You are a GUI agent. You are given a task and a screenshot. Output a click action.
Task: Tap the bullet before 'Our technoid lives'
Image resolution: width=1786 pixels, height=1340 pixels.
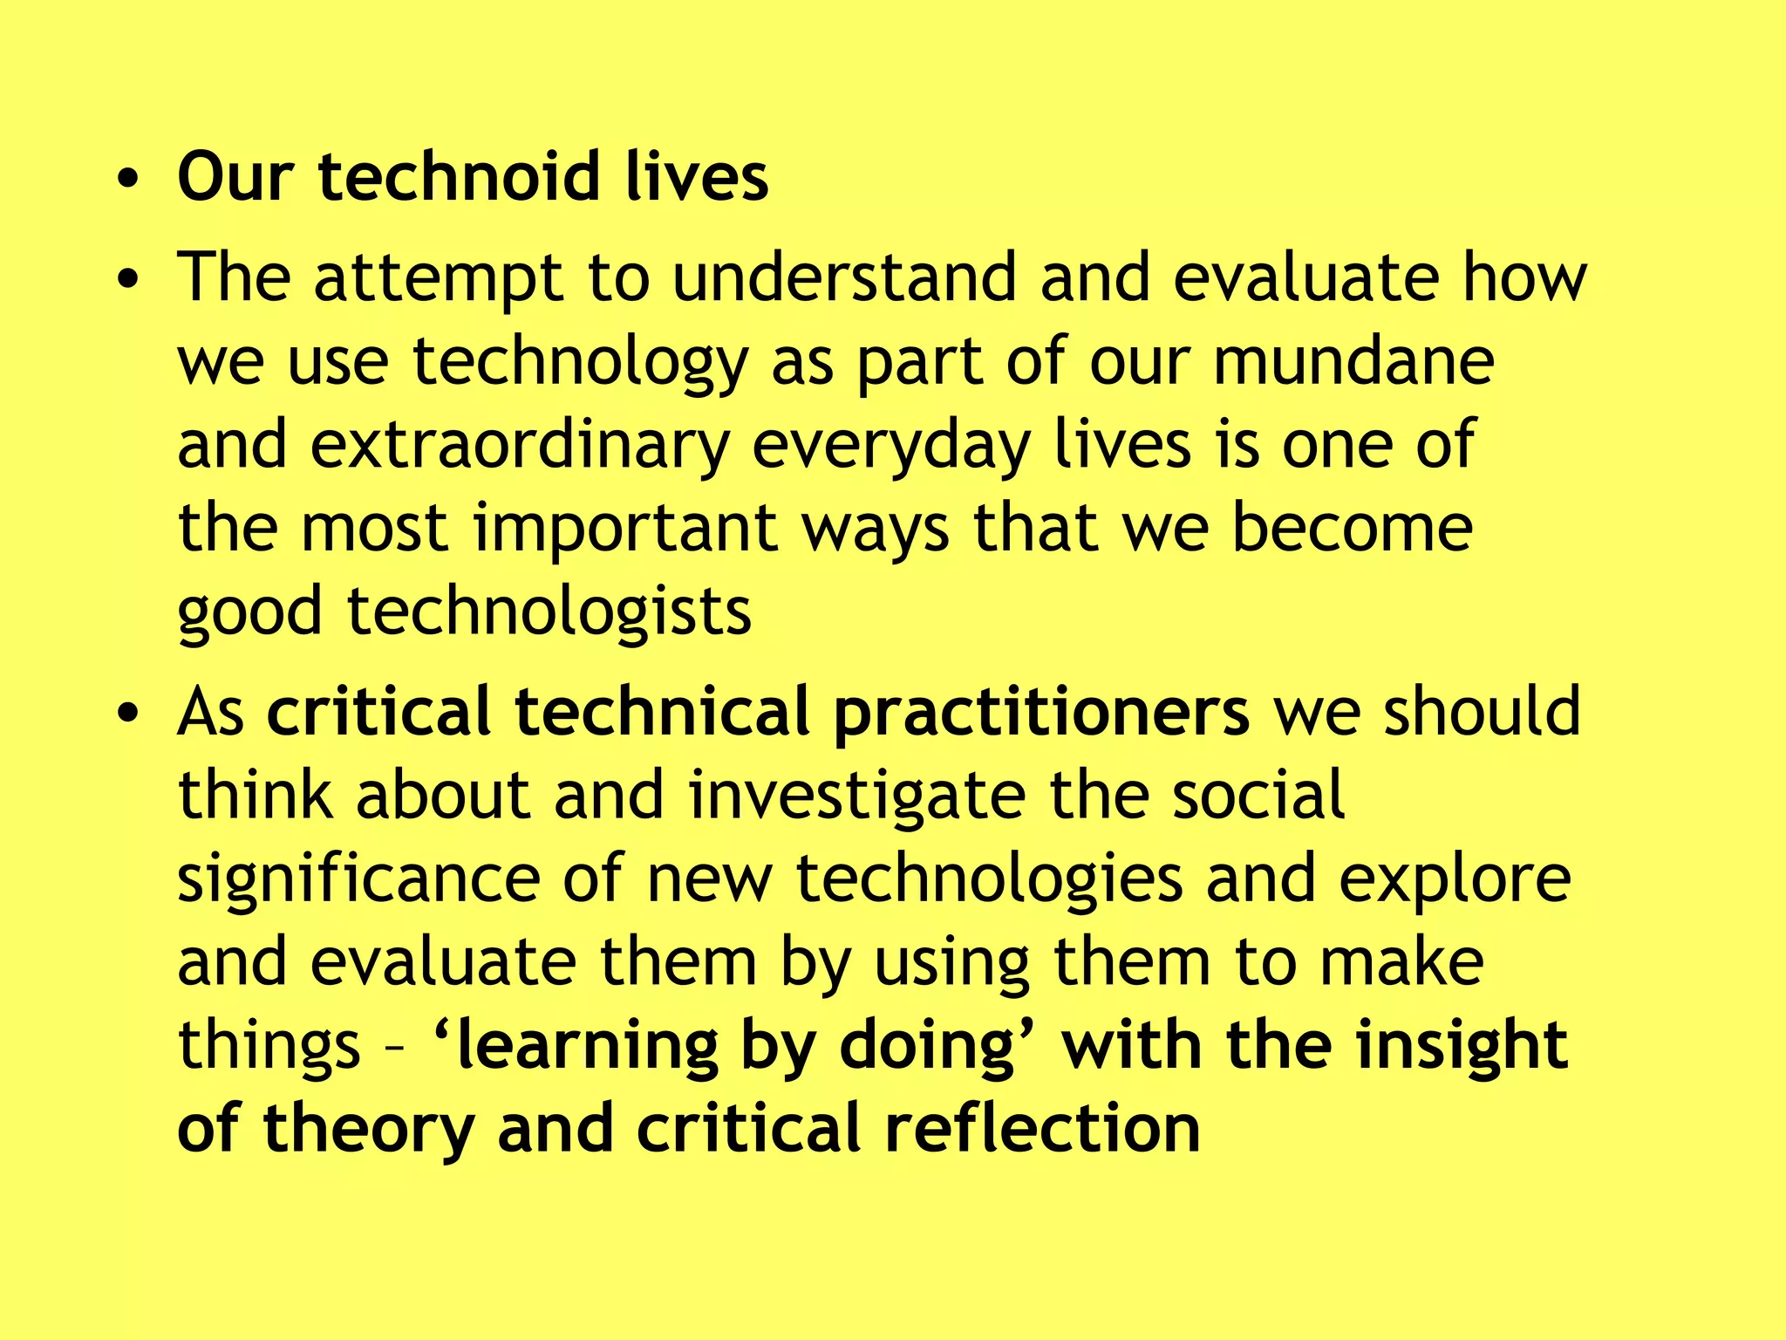coord(128,180)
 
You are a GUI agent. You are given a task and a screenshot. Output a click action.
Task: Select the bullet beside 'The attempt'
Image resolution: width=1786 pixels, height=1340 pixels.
coord(128,280)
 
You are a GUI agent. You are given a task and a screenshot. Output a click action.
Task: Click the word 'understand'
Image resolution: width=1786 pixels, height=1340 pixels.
coord(844,277)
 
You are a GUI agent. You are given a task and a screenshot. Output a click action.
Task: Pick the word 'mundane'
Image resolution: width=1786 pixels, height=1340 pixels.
coord(1353,361)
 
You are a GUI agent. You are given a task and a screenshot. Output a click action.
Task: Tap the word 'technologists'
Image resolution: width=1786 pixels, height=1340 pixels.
coord(549,611)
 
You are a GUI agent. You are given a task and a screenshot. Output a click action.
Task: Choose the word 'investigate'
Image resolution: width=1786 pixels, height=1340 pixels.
coord(856,796)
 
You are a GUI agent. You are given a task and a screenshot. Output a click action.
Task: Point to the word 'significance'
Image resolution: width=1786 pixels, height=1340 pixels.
coord(358,879)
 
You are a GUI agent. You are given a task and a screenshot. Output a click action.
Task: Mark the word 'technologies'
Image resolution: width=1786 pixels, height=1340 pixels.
coord(989,879)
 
